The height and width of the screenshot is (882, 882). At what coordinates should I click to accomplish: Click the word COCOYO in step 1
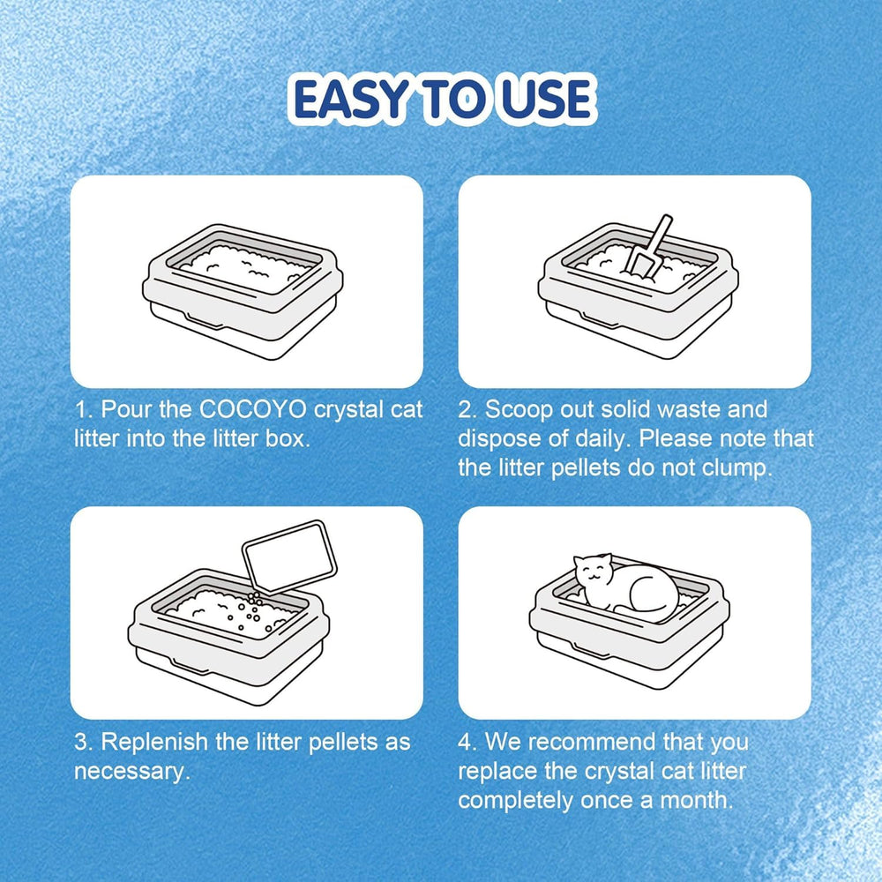(253, 409)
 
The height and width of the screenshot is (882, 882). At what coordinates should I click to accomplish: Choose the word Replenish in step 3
(154, 743)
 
